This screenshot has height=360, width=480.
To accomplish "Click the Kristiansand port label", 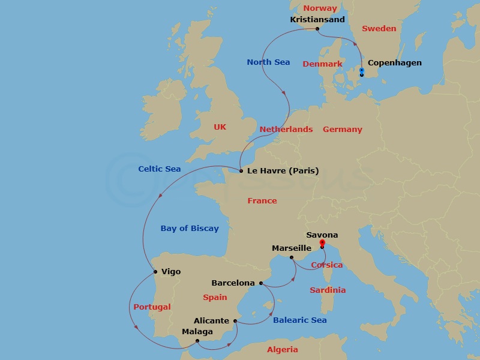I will click(317, 19).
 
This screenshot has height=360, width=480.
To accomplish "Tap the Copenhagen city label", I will click(394, 62).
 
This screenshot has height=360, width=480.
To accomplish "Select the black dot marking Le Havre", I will click(241, 171).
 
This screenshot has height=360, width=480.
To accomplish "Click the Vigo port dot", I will click(155, 271).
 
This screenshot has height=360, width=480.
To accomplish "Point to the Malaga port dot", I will click(197, 341).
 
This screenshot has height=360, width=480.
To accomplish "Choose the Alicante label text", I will click(211, 320).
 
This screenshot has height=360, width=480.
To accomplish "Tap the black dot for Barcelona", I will click(260, 283).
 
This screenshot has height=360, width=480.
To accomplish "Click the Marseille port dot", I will click(292, 257).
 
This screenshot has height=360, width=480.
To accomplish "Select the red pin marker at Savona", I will click(322, 243).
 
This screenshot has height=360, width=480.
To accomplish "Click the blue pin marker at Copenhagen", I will click(361, 71).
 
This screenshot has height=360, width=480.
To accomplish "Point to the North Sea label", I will click(268, 62).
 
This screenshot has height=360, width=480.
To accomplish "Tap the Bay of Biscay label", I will click(190, 228).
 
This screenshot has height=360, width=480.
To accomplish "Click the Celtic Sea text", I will click(159, 169).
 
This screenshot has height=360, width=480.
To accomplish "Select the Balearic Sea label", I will click(299, 320).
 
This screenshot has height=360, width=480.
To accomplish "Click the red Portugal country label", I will click(152, 307).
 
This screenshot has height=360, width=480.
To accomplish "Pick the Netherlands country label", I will click(286, 129).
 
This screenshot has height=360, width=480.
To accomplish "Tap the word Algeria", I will click(282, 349).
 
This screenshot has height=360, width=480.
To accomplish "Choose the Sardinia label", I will click(328, 290).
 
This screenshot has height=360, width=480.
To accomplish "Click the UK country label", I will click(220, 127).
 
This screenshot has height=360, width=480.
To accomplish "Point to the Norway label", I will click(320, 8).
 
